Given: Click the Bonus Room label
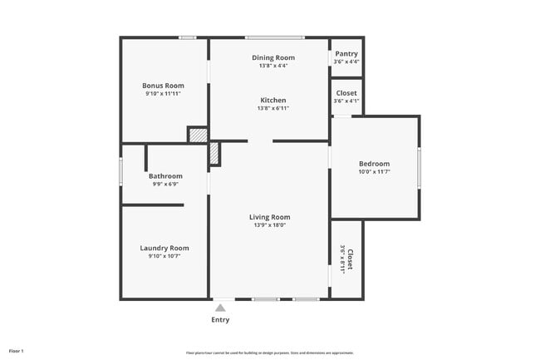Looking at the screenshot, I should click(x=163, y=86).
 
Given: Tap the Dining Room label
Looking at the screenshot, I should click(x=273, y=57).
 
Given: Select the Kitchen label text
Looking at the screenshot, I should click(x=273, y=100).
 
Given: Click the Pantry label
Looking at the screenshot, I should click(x=346, y=54).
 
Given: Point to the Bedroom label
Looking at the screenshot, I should click(x=374, y=163).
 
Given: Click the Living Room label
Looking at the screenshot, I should click(x=270, y=217).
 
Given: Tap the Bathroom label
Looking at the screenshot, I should click(x=165, y=176).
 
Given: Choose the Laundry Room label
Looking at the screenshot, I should click(x=164, y=248).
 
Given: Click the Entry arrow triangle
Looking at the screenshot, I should click(x=220, y=308).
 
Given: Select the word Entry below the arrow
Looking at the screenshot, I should click(x=220, y=320).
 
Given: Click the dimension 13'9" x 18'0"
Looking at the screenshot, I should click(x=270, y=224).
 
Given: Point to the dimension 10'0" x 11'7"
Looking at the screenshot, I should click(x=374, y=171).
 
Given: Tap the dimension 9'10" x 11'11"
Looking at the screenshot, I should click(x=163, y=94).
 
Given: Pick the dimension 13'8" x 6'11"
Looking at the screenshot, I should click(x=273, y=108).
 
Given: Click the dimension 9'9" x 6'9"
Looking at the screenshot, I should click(x=165, y=184).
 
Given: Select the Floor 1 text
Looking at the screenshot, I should click(x=17, y=351).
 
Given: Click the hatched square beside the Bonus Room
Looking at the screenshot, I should click(x=198, y=135).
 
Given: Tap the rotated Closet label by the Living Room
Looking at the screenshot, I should click(x=350, y=259).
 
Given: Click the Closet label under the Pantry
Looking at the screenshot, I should click(x=346, y=93).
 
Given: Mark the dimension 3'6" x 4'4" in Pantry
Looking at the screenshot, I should click(x=346, y=62).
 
